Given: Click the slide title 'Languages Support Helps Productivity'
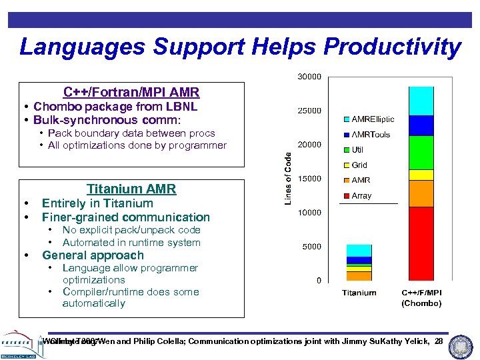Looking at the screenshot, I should coord(240,47).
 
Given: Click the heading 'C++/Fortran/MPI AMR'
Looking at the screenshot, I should coord(131,92).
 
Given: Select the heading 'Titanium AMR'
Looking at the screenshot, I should coord(131,189).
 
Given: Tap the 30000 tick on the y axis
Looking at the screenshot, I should coord(309,77).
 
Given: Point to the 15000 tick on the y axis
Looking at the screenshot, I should coord(309,179).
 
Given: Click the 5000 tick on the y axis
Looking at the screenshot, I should coord(311,247).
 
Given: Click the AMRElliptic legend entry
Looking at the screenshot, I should coord(368,119).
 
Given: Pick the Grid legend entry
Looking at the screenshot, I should coord(359,165).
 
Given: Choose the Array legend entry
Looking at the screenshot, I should coord(361,196).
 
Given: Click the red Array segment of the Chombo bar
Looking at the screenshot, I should coord(421,243).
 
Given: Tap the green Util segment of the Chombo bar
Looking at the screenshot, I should coord(421,153).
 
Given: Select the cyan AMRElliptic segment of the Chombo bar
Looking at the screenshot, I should coord(421,101).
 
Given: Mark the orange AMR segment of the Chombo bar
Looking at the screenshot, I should coord(421,193).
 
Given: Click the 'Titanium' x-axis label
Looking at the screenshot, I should coord(359,293).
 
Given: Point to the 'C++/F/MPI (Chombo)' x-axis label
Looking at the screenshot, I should coord(421,298).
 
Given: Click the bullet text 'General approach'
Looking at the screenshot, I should coord(93,255).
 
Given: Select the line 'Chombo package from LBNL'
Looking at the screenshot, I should coord(115,107).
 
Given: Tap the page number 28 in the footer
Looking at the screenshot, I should coord(439,341).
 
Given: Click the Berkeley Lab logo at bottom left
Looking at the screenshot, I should coord(20,343).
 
